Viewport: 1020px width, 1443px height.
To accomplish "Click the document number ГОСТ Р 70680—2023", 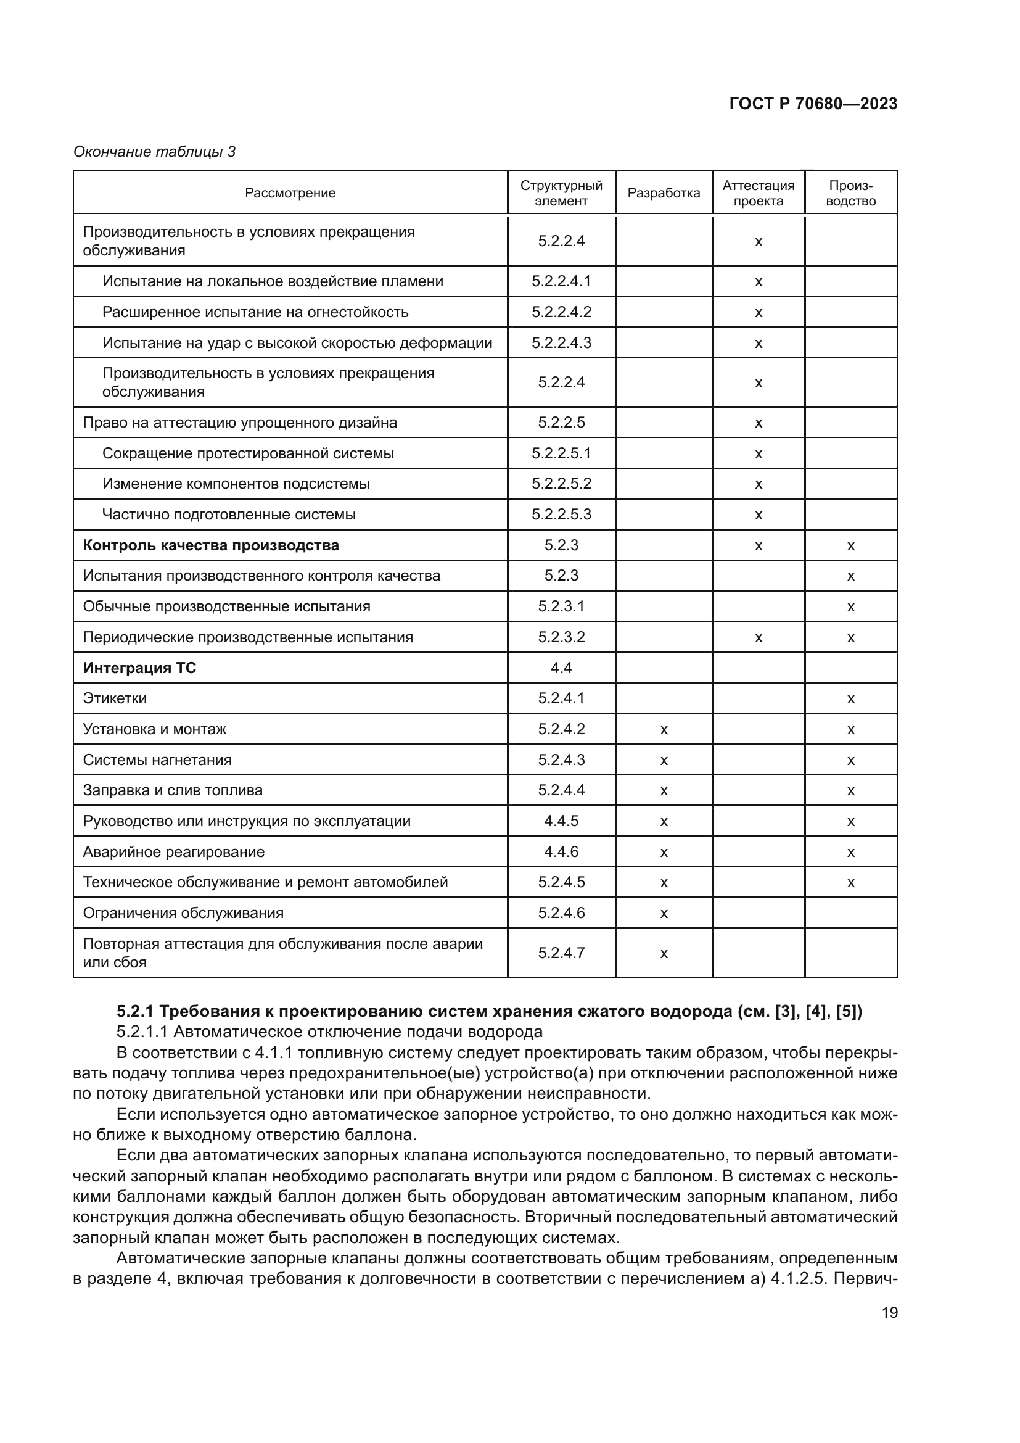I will point(813,104).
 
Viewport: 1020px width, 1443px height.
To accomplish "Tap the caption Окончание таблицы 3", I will point(155,152).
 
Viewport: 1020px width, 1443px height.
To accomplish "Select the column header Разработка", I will point(664,193).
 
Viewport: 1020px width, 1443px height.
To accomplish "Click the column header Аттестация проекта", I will point(758,193).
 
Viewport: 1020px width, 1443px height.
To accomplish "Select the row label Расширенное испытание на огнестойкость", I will point(255,312).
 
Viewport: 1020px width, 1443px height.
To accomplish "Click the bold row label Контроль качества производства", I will point(211,545).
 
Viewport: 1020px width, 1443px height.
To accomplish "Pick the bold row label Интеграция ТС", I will point(139,668).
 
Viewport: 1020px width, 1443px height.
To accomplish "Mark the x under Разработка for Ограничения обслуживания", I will point(664,913).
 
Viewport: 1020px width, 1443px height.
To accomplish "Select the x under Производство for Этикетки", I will point(850,699).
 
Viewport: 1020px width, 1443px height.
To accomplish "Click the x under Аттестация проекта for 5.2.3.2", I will point(758,638).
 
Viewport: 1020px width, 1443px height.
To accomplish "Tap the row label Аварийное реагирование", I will point(174,851).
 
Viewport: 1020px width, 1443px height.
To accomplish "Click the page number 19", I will point(889,1312).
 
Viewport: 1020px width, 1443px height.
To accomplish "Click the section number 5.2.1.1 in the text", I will point(141,1032).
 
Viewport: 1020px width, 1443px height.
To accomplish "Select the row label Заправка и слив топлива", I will point(173,790).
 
